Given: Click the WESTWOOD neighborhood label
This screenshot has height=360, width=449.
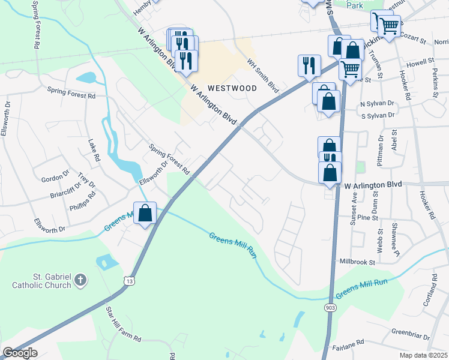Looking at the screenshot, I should pyautogui.click(x=233, y=88).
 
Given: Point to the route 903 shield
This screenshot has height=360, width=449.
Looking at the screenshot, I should pyautogui.click(x=330, y=307).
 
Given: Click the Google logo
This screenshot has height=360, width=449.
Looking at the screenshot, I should pyautogui.click(x=19, y=353).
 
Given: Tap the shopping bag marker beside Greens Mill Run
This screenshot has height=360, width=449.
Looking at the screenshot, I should pyautogui.click(x=145, y=213).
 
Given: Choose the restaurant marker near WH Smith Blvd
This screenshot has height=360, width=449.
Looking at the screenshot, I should pyautogui.click(x=309, y=65).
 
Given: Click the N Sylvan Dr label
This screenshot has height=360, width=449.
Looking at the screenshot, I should pyautogui.click(x=376, y=103).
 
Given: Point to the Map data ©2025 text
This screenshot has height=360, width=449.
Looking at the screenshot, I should pyautogui.click(x=423, y=355).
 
